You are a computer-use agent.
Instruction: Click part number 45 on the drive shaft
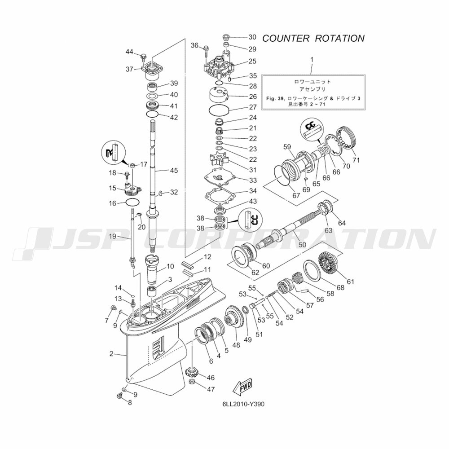173,170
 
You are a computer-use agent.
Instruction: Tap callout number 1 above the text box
313,59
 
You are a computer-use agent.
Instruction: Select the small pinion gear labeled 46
192,372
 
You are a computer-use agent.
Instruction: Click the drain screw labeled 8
120,396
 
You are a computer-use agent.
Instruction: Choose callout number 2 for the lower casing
111,354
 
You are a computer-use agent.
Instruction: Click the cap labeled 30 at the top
227,36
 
